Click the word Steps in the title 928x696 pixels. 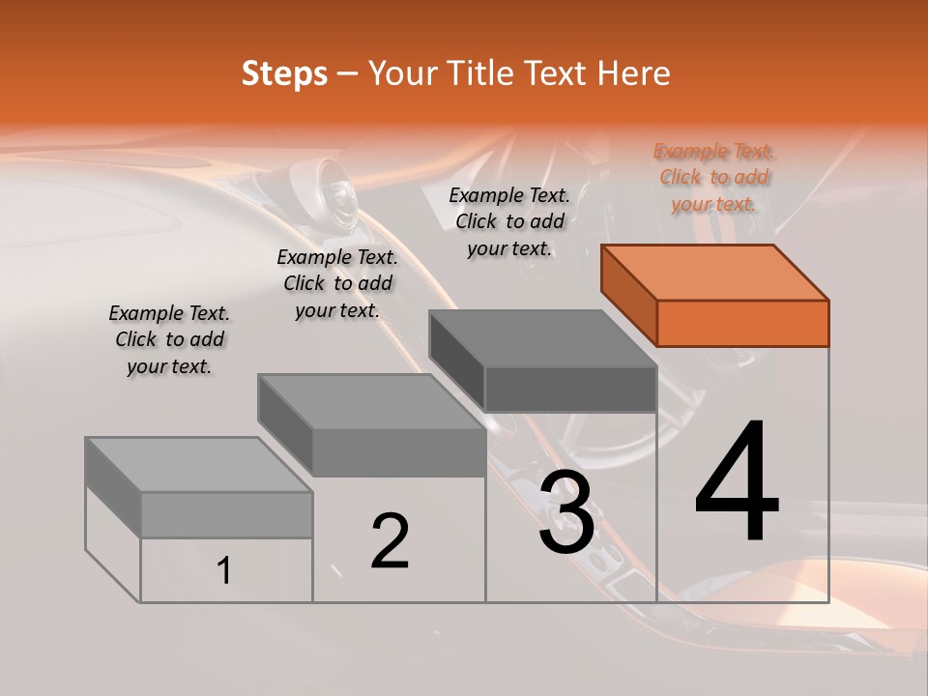[284, 73]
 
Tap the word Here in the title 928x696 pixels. [633, 73]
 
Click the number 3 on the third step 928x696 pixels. [566, 512]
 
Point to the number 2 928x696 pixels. [390, 541]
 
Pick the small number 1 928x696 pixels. [224, 570]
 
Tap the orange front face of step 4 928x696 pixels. [742, 323]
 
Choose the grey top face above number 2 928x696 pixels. [371, 402]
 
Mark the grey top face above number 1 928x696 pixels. [199, 465]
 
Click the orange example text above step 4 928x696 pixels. [714, 178]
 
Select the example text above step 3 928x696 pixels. [509, 221]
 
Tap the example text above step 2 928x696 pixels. [337, 284]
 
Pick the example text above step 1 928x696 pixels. [169, 340]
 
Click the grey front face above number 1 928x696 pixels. [226, 514]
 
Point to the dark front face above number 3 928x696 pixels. [570, 389]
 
